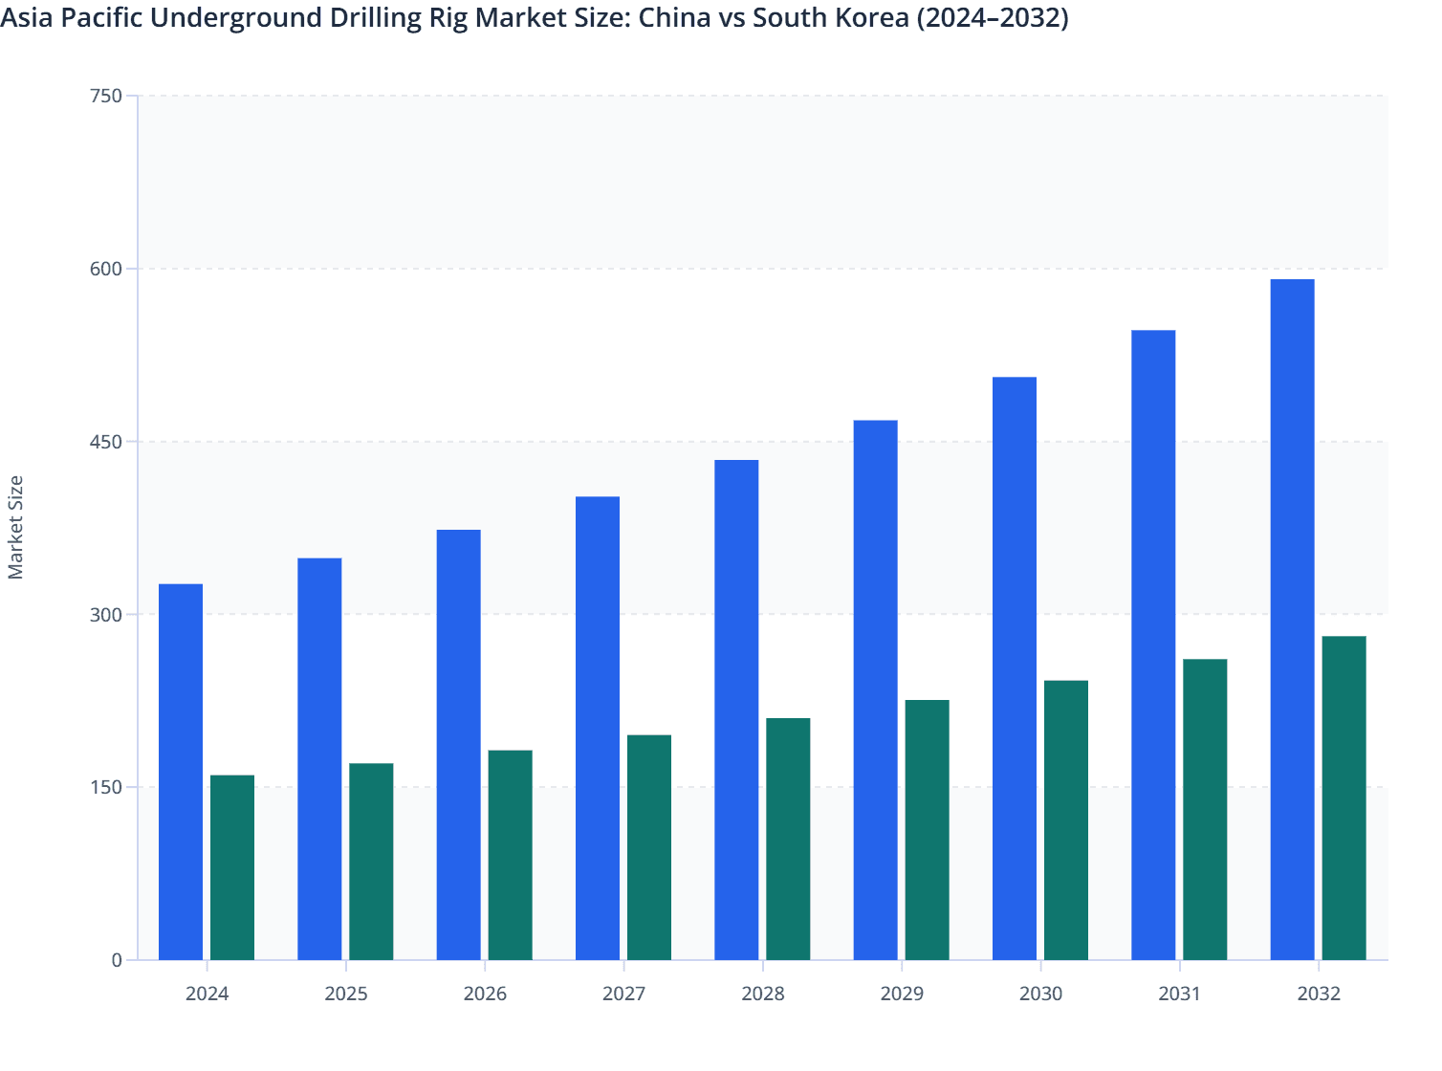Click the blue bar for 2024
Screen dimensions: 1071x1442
tap(181, 772)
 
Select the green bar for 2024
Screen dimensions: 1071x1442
tap(232, 867)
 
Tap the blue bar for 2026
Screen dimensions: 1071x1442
tap(459, 745)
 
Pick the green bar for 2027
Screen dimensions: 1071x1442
tap(649, 847)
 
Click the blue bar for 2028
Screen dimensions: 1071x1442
tap(736, 710)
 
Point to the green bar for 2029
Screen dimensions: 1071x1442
tap(928, 830)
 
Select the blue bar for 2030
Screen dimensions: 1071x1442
tap(1015, 668)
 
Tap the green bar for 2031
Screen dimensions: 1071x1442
tap(1205, 809)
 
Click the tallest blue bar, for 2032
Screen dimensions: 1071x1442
tap(1293, 620)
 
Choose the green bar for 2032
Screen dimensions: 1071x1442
tap(1344, 798)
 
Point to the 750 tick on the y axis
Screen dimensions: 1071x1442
tap(105, 96)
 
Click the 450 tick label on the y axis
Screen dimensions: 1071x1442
tap(105, 442)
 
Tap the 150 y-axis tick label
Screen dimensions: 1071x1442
tap(105, 787)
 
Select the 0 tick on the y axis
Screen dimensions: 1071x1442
tap(117, 960)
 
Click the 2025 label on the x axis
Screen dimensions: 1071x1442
tap(346, 994)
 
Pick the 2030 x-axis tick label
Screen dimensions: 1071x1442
tap(1040, 994)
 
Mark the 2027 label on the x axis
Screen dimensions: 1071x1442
tap(623, 994)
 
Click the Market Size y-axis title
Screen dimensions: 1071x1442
tap(16, 527)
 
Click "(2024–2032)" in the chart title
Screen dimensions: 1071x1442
tap(993, 18)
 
